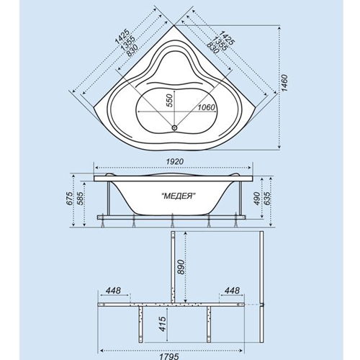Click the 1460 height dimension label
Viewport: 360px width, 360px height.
pos(284,83)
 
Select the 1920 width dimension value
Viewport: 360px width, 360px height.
pos(175,161)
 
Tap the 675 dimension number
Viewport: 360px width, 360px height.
pos(70,198)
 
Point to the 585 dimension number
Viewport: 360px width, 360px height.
pos(80,198)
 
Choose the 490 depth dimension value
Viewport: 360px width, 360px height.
pos(257,199)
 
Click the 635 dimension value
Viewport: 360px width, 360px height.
pos(268,199)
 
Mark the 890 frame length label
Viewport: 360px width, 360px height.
pos(181,266)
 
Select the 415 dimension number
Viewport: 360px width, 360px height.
pos(163,324)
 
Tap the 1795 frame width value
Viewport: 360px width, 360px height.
pos(172,356)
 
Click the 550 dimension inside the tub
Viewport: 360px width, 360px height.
pos(170,100)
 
